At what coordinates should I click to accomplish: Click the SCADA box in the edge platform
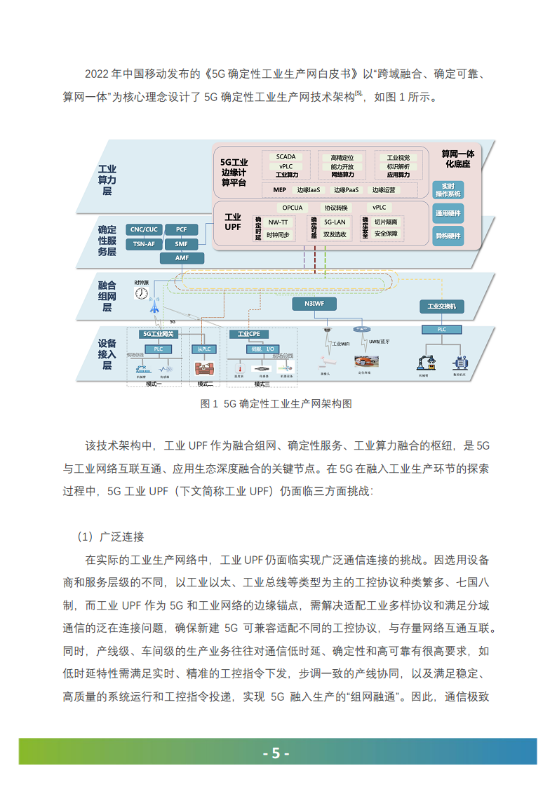[x=286, y=156]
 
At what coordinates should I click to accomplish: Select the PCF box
[x=182, y=229]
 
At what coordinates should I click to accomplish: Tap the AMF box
[x=182, y=258]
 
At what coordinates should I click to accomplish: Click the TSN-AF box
[x=144, y=244]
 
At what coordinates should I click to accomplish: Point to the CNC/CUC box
[x=144, y=229]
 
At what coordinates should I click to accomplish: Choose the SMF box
[x=182, y=244]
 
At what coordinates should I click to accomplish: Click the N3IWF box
[x=314, y=304]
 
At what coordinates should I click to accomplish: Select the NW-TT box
[x=278, y=222]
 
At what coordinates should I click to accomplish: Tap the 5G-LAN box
[x=335, y=222]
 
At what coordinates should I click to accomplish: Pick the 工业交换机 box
[x=442, y=307]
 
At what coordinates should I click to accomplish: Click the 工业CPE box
[x=249, y=335]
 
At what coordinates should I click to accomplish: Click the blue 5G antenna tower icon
[x=154, y=308]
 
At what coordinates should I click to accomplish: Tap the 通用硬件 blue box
[x=448, y=213]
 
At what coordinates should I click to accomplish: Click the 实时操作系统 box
[x=448, y=189]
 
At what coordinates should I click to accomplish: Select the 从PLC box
[x=205, y=349]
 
